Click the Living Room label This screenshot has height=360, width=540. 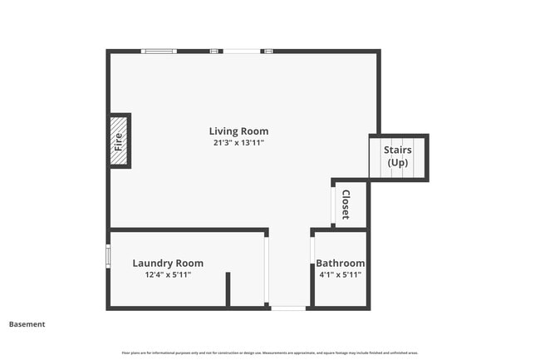point(238,131)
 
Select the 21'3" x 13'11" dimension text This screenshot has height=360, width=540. point(238,143)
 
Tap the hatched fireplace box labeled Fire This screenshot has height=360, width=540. point(119,141)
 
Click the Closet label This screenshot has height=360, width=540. point(345,205)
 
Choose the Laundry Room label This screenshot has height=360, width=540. point(168,264)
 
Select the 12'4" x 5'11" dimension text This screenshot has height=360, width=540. point(168,274)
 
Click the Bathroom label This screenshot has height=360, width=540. point(340,263)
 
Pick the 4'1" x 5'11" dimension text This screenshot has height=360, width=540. point(340,274)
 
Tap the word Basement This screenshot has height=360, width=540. point(27,324)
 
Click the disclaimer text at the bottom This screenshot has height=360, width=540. point(269,353)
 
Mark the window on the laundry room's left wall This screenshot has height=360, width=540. point(108,255)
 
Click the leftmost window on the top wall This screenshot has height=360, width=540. point(159,52)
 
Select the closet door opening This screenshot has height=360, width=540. point(333,205)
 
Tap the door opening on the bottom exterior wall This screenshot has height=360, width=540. point(288,308)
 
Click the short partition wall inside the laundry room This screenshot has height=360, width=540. point(228,289)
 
